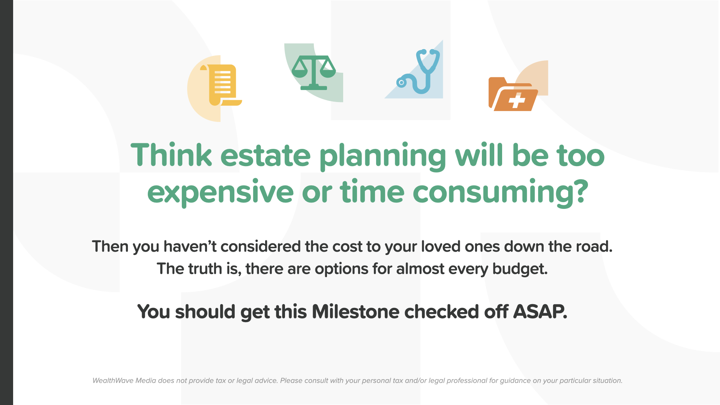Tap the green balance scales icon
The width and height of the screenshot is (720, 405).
313,73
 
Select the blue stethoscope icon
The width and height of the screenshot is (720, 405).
418,71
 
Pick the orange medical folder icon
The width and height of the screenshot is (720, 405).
513,94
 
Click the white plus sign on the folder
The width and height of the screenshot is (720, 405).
517,101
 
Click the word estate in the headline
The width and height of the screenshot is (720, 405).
265,156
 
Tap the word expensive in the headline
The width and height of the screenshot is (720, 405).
220,192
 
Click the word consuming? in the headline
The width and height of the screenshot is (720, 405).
501,192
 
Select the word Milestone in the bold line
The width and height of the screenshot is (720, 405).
355,312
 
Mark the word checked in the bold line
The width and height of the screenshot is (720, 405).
441,312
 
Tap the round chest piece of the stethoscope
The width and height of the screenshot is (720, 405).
401,82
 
